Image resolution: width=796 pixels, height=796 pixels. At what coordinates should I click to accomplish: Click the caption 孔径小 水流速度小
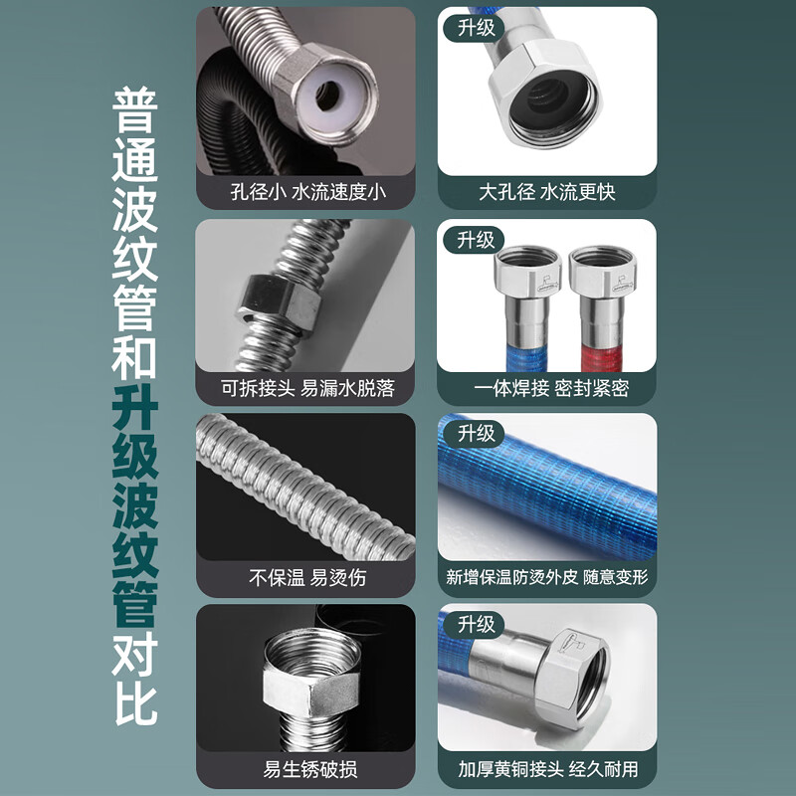tap(305, 191)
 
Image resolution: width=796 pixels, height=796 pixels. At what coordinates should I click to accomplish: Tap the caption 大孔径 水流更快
tap(548, 191)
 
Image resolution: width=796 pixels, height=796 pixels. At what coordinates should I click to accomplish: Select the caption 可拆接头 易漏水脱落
tap(305, 387)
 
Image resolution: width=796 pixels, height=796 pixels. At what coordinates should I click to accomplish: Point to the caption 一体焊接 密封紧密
tap(548, 387)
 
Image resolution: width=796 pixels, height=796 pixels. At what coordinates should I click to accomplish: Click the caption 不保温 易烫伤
tap(305, 577)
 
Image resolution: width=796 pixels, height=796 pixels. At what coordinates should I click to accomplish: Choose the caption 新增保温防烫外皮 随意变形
tap(548, 577)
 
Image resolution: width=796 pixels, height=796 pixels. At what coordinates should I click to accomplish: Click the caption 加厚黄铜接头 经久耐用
tap(548, 768)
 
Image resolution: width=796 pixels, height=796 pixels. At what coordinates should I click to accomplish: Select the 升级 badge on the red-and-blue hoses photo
tap(476, 239)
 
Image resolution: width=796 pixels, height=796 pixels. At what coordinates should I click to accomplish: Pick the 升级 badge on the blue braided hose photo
tap(476, 433)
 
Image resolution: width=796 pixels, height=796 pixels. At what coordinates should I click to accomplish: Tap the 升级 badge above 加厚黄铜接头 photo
tap(476, 624)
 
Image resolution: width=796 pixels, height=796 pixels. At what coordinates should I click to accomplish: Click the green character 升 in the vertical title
tap(134, 406)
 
